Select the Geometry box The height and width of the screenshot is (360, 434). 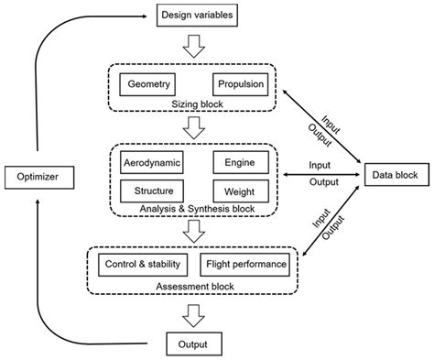pyautogui.click(x=148, y=85)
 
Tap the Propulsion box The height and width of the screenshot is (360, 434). pyautogui.click(x=241, y=85)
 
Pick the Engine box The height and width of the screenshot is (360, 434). pyautogui.click(x=240, y=163)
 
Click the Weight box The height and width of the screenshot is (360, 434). pyautogui.click(x=240, y=191)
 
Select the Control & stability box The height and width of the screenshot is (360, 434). pyautogui.click(x=141, y=266)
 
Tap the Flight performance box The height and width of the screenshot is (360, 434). pyautogui.click(x=244, y=266)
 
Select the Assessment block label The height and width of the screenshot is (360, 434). pyautogui.click(x=194, y=286)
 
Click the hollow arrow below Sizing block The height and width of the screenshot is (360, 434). pyautogui.click(x=194, y=128)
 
